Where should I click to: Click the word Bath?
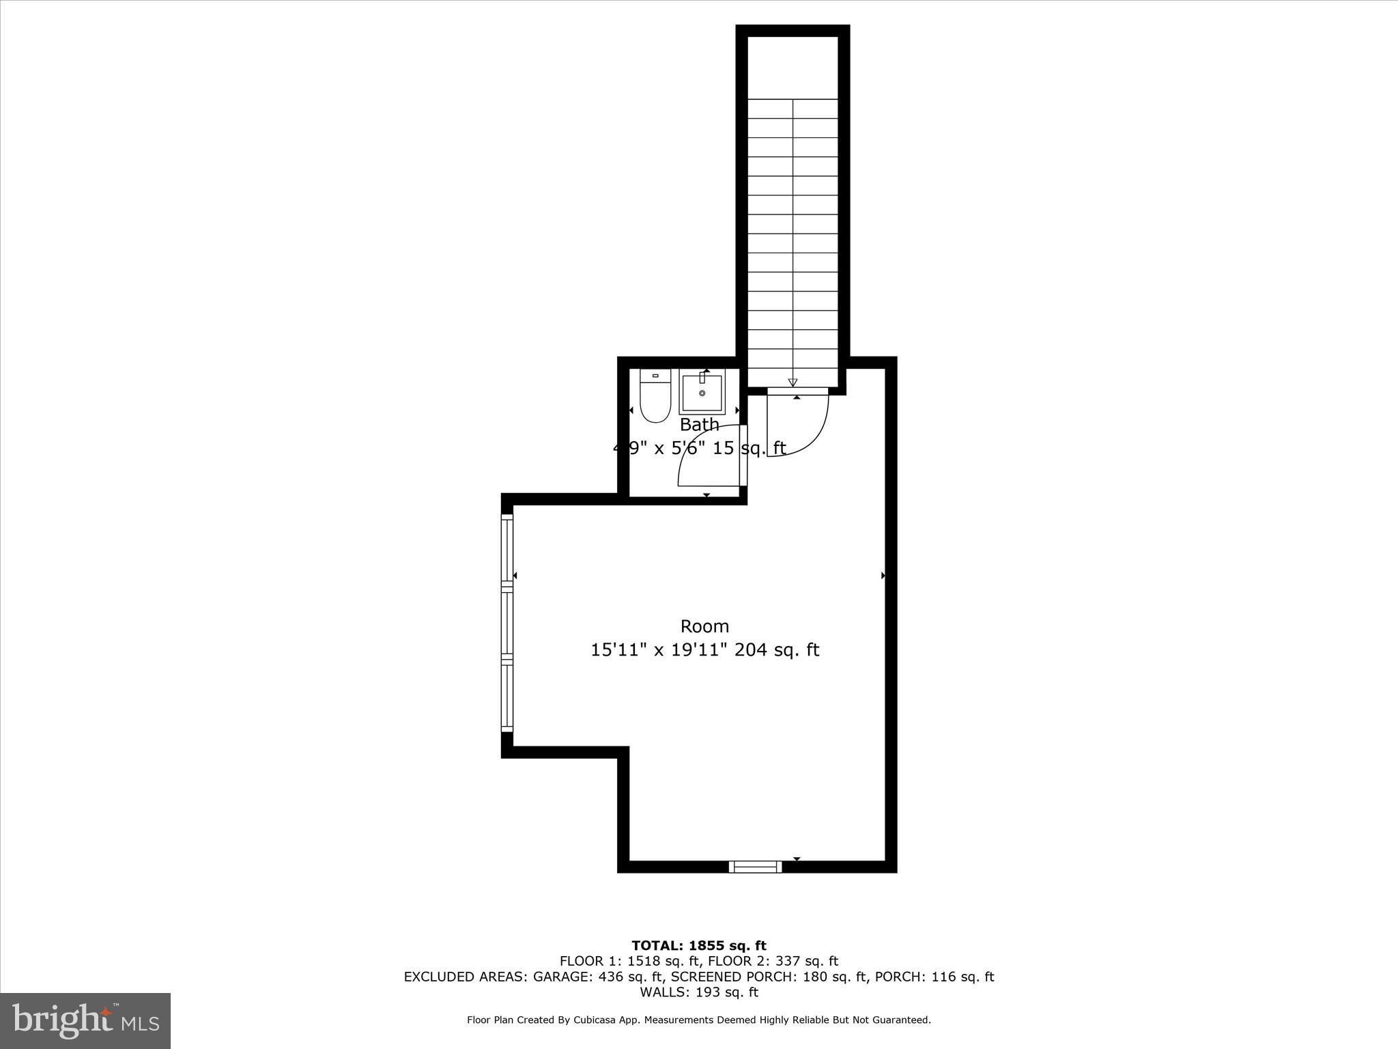(x=699, y=425)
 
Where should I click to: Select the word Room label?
(x=704, y=626)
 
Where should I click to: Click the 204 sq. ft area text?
(x=776, y=649)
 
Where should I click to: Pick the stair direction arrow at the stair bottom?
(x=793, y=382)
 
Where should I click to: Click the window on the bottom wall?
(x=755, y=867)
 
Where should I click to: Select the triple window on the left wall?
(x=507, y=623)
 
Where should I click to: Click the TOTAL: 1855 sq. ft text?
(x=699, y=946)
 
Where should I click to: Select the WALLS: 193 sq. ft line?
(x=699, y=992)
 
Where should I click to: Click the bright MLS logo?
(x=85, y=1020)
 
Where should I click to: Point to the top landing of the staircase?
(x=793, y=67)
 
